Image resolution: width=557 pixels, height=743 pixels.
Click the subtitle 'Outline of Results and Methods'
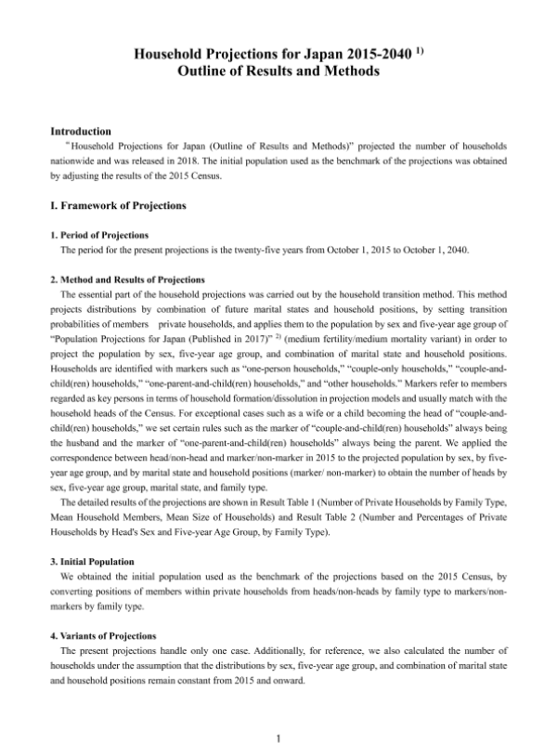click(278, 72)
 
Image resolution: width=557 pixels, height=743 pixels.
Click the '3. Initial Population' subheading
click(94, 562)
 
